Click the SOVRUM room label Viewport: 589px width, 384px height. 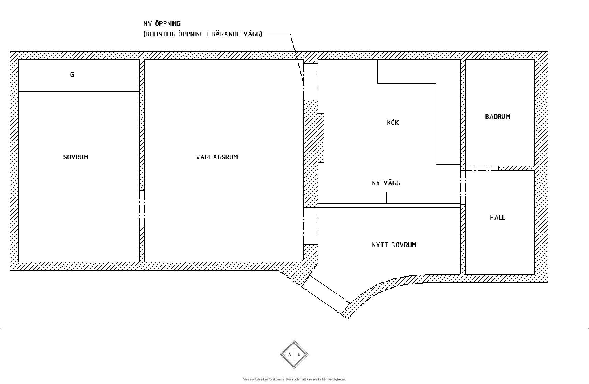pos(76,157)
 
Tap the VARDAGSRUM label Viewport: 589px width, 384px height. pos(217,157)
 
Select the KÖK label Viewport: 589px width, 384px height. pos(392,122)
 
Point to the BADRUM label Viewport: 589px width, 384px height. pos(498,116)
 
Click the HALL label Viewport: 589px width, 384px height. pos(497,217)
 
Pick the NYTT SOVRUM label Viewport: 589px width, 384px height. pos(394,245)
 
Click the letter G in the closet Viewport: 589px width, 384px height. pos(72,75)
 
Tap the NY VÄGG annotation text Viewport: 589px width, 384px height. pos(386,183)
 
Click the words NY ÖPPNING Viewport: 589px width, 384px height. pos(162,23)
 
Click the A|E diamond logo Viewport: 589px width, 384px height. pos(294,354)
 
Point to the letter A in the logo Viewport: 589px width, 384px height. pos(289,354)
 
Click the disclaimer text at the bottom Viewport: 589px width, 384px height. pos(294,379)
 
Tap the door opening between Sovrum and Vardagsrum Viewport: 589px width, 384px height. pos(142,209)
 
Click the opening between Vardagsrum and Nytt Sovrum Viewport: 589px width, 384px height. pos(311,226)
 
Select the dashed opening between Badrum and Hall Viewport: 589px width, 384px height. pos(482,168)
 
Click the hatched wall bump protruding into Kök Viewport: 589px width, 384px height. pos(321,138)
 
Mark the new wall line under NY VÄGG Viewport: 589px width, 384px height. pos(389,206)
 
